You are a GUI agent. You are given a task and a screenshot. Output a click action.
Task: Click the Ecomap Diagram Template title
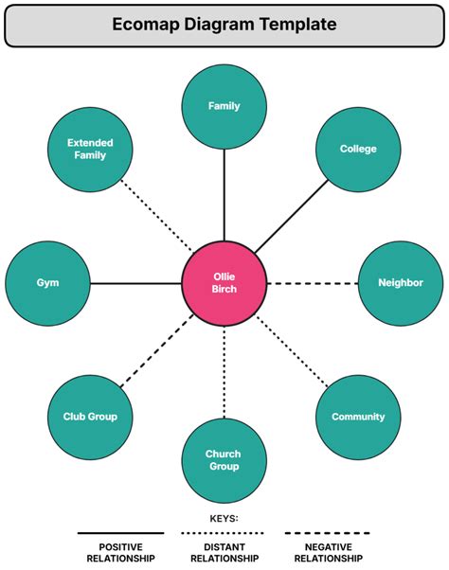pyautogui.click(x=224, y=25)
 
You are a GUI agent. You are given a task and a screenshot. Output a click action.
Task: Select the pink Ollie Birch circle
pyautogui.click(x=224, y=282)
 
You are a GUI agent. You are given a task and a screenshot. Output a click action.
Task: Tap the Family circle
pyautogui.click(x=224, y=106)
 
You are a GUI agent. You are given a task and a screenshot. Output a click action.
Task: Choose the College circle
pyautogui.click(x=358, y=149)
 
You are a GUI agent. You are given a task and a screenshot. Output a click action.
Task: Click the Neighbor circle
pyautogui.click(x=400, y=282)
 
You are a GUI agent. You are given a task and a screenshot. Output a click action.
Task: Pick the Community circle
pyautogui.click(x=358, y=417)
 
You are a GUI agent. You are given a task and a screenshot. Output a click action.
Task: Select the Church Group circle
pyautogui.click(x=224, y=460)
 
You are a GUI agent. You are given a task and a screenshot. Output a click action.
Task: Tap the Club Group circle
pyautogui.click(x=90, y=417)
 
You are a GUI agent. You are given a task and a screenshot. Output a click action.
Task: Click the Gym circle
pyautogui.click(x=47, y=282)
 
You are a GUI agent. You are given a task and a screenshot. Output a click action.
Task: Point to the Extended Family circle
pyautogui.click(x=90, y=149)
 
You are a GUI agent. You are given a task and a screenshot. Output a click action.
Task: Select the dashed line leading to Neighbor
pyautogui.click(x=313, y=282)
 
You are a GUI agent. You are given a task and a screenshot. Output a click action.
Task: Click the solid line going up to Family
pyautogui.click(x=224, y=194)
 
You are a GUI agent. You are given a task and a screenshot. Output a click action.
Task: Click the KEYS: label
pyautogui.click(x=224, y=519)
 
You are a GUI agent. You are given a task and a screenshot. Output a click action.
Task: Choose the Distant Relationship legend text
pyautogui.click(x=224, y=553)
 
